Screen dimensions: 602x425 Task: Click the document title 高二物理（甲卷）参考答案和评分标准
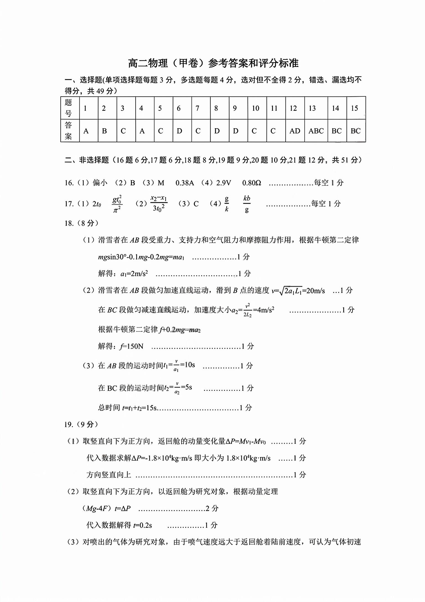(213, 63)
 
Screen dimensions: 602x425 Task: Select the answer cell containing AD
(295, 131)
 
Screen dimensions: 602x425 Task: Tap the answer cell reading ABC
(316, 131)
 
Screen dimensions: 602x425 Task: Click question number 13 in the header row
(312, 108)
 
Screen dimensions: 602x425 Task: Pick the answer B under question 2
(104, 131)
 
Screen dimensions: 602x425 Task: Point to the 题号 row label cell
(69, 108)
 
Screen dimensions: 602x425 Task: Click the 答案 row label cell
(69, 131)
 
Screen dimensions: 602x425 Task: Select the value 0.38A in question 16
(185, 183)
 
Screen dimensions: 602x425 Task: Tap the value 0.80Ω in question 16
(252, 183)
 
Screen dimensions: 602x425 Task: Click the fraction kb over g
(247, 204)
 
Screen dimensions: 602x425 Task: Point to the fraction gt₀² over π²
(117, 204)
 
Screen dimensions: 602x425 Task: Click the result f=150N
(132, 346)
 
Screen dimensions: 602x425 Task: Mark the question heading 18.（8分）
(81, 223)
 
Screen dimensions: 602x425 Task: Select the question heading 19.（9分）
(81, 424)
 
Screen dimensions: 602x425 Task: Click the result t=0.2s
(142, 525)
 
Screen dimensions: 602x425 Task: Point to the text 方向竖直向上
(109, 475)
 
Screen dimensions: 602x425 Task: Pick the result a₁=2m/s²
(134, 274)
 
